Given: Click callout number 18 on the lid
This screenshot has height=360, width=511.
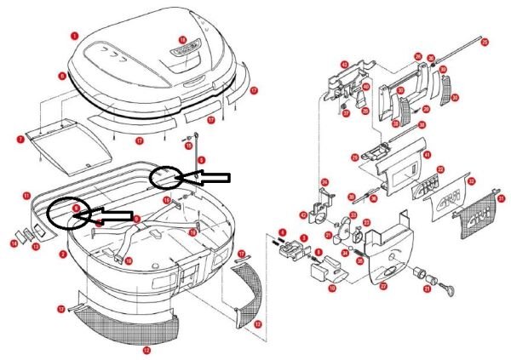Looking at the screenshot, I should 182,40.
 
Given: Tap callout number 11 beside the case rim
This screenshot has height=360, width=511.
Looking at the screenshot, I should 27,195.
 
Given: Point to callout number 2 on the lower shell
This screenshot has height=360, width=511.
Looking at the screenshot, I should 62,254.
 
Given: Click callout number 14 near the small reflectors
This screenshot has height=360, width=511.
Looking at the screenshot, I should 14,244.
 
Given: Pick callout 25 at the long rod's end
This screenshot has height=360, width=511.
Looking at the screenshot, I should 485,41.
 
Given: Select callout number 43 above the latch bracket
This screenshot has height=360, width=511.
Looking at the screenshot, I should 345,64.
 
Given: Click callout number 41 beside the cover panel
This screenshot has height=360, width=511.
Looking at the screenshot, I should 428,155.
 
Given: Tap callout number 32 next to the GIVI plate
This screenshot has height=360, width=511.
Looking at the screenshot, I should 472,180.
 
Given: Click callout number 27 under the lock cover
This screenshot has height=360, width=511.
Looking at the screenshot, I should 383,287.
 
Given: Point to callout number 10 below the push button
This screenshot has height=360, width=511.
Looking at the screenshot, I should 332,289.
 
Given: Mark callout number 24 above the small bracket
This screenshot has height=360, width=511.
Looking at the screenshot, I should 324,182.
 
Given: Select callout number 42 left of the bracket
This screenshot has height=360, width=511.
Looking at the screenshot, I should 303,215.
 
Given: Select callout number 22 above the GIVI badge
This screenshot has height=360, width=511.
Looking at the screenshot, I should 440,170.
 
